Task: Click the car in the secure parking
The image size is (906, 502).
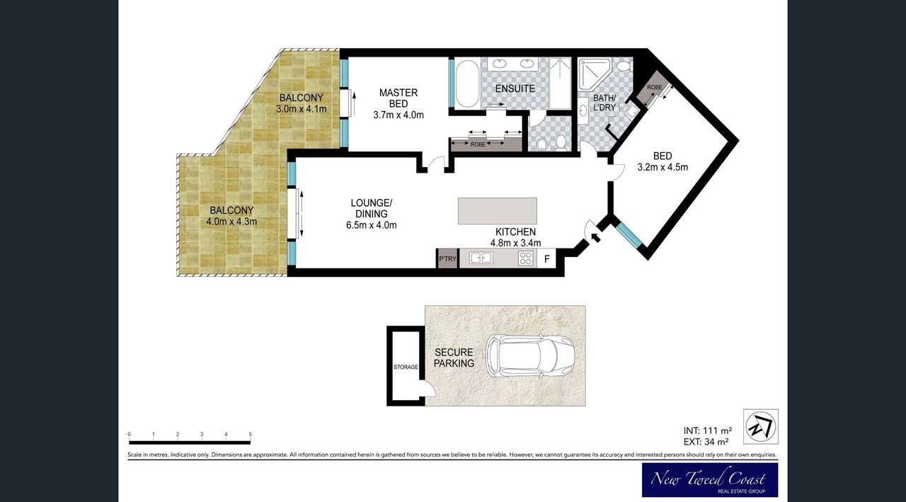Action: [531, 356]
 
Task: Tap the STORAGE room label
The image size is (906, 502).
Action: [406, 367]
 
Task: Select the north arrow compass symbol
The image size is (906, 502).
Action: [761, 427]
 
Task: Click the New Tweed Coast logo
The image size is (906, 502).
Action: [710, 480]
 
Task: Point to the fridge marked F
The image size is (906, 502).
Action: [547, 258]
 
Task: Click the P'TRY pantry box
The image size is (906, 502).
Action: [448, 258]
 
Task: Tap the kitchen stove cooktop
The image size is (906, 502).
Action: [525, 258]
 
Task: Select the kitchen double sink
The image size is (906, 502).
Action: [481, 258]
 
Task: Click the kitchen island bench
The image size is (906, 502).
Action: [498, 211]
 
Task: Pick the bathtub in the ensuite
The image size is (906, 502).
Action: [467, 84]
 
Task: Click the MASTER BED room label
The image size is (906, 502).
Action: [398, 98]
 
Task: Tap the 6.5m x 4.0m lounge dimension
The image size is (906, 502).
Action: [372, 225]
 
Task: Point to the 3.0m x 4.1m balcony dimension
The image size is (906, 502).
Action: [302, 109]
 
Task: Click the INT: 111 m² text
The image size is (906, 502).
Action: [708, 430]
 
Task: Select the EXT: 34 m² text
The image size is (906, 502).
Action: [706, 442]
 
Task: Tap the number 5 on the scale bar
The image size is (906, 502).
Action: [251, 435]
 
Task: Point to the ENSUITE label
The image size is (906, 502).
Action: [515, 89]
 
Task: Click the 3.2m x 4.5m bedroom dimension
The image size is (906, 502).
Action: [663, 167]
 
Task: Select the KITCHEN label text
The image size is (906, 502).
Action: [516, 232]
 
